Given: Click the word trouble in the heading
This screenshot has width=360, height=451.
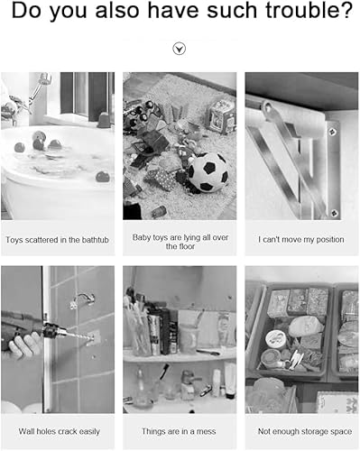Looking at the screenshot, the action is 309,10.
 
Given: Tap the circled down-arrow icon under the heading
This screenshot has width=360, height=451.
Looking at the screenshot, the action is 180,49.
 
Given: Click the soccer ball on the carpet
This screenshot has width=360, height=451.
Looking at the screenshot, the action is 208,172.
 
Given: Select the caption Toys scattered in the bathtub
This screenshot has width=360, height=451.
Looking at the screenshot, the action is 57,240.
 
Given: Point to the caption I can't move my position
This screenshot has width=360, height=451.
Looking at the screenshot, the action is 301,240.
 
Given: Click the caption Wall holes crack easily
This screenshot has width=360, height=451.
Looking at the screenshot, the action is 59,431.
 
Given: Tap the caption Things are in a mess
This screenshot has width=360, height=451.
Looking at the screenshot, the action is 179,431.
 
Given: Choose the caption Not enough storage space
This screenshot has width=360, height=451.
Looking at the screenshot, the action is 305,431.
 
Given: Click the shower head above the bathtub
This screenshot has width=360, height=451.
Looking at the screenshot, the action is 45,78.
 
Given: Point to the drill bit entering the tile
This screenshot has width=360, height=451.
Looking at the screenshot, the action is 79,336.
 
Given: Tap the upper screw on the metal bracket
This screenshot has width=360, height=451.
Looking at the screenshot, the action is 333,132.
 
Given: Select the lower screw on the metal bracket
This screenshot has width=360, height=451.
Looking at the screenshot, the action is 334,213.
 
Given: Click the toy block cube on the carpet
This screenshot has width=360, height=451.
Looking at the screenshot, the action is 222,116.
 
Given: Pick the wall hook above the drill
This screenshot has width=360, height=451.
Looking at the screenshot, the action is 83,300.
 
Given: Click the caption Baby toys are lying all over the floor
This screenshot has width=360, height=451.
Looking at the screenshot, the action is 180,242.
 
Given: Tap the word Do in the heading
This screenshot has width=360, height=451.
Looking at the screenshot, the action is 28,10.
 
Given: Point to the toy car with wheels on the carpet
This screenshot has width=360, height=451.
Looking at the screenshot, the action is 139,113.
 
